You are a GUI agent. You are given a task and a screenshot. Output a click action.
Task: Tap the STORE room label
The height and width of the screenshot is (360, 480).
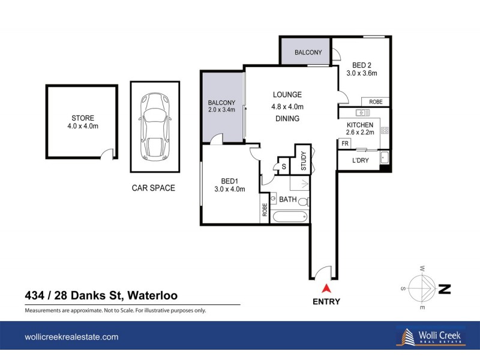click(82, 118)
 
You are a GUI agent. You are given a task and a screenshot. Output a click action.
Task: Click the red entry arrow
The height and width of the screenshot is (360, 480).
click(326, 289)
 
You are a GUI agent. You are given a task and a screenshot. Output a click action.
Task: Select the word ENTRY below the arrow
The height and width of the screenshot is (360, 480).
click(326, 302)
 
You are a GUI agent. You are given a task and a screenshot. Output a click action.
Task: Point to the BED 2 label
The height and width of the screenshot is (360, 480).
click(361, 64)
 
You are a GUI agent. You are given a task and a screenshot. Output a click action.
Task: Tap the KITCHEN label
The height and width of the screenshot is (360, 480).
click(359, 124)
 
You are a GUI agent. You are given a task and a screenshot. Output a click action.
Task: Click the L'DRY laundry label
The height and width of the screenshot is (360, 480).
click(360, 161)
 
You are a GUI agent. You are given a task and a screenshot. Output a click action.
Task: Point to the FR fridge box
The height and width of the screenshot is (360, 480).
click(345, 144)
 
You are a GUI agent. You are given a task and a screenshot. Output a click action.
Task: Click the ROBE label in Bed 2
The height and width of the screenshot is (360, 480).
click(376, 102)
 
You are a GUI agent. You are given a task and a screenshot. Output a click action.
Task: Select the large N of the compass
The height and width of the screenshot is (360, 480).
click(445, 289)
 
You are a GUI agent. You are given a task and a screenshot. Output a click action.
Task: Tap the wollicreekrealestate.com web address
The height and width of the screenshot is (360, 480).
click(71, 337)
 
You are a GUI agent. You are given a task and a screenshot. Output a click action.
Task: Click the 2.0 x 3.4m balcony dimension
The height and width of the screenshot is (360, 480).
click(221, 110)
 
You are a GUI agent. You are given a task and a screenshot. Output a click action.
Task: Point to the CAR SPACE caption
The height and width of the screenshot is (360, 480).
click(153, 188)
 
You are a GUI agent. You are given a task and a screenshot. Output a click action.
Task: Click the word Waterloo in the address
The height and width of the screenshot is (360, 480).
click(151, 295)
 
